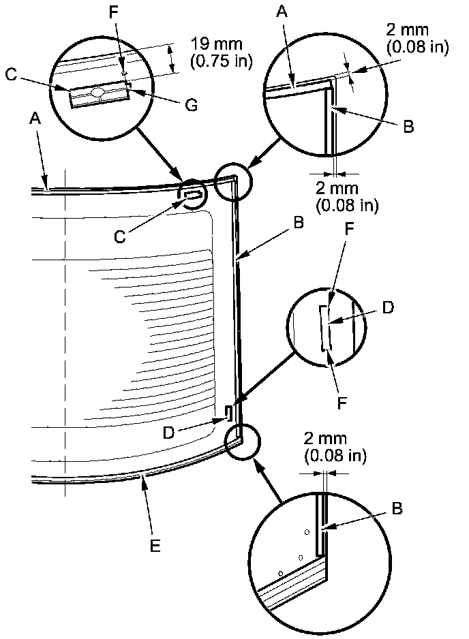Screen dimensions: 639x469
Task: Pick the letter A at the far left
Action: point(35,118)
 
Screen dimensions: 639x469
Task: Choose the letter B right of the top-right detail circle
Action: point(408,127)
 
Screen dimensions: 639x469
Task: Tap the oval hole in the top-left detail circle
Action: point(97,92)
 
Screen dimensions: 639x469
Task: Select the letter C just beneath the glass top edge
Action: point(119,236)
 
